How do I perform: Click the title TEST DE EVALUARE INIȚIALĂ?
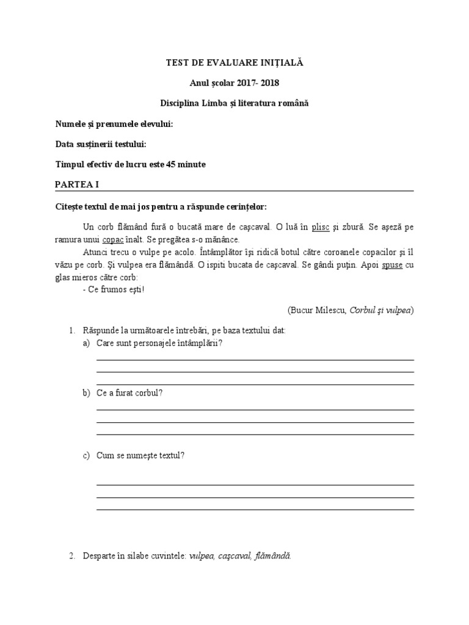tap(234, 63)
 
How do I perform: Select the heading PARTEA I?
tap(77, 184)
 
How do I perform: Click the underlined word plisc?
tap(321, 227)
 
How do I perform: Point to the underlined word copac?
tap(113, 240)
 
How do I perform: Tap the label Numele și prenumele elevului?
tap(114, 124)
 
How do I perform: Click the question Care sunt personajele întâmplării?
tap(159, 343)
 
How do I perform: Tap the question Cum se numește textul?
tap(140, 455)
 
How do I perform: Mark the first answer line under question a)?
tap(255, 360)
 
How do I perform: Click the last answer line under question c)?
tap(255, 508)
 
